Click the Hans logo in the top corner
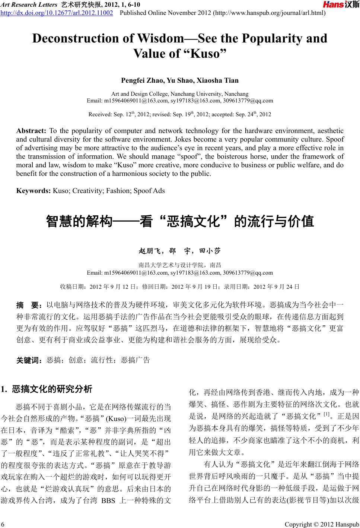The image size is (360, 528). point(340,5)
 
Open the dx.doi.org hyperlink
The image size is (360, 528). point(57,13)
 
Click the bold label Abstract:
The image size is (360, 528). point(31,131)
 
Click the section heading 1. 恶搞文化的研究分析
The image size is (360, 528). point(47,390)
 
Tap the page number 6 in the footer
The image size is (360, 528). point(3,524)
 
